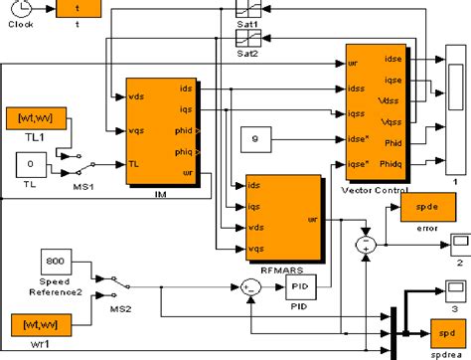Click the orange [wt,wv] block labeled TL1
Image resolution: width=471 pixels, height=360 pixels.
click(x=38, y=118)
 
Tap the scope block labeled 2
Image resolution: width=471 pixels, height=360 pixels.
click(x=460, y=243)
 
